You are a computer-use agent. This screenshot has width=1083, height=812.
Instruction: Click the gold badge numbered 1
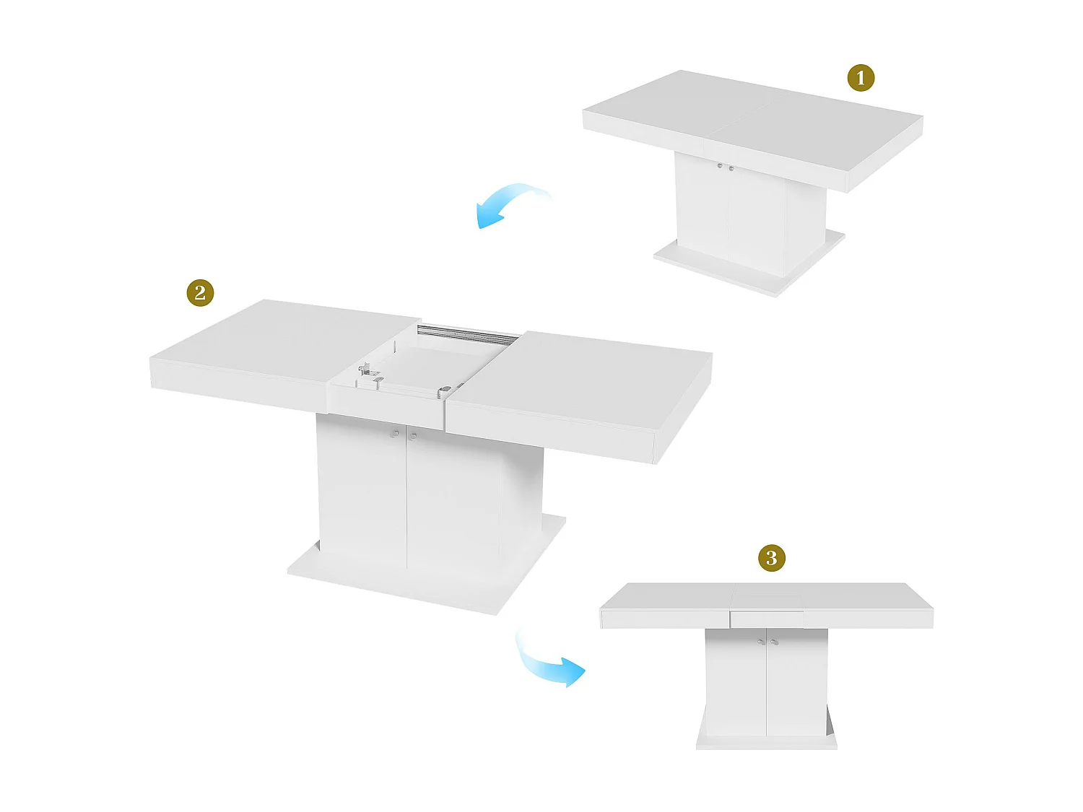pos(860,78)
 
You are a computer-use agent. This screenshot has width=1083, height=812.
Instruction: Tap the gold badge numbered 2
pos(200,293)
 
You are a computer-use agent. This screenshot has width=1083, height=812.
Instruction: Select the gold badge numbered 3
pos(771,558)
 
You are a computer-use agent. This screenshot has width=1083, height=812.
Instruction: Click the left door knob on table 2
pos(396,434)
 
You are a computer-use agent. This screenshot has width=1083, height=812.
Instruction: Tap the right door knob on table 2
pos(413,436)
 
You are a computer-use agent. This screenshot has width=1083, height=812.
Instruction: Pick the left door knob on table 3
pos(760,642)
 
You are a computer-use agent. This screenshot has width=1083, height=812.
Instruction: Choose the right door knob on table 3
pos(775,642)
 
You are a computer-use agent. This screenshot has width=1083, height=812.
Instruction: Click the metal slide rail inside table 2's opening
pos(468,333)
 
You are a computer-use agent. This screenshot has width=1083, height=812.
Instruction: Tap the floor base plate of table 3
pos(766,741)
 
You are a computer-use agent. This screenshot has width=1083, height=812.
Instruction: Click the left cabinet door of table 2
pos(361,491)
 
